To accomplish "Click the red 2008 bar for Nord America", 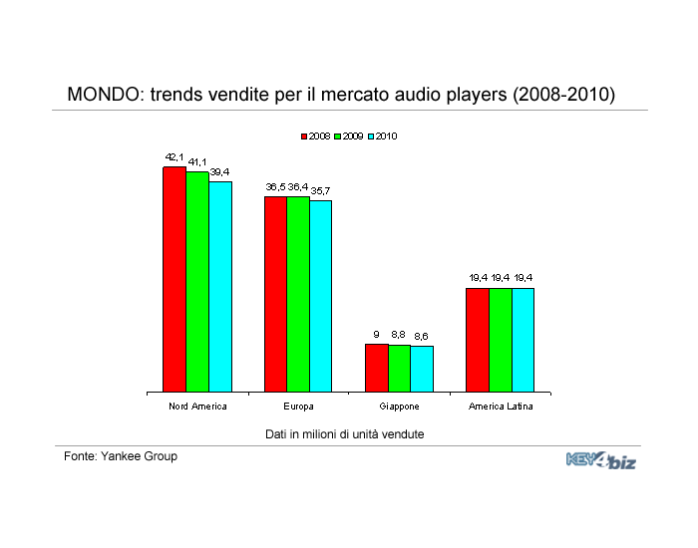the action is (x=174, y=279).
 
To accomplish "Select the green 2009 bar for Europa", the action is (x=298, y=294).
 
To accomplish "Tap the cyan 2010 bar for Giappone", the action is (x=422, y=369).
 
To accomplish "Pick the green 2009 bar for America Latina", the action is (x=501, y=340).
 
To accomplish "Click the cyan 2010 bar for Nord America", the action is (x=220, y=287).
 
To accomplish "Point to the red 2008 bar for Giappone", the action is (x=377, y=368).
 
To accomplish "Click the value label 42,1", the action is (x=174, y=157).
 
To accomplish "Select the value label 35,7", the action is (x=320, y=191).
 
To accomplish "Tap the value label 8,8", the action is (x=398, y=334).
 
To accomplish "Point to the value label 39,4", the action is (x=219, y=172).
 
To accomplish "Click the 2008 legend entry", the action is (x=316, y=137).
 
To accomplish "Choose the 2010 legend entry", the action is (x=383, y=137).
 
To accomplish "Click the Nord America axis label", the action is (x=197, y=407).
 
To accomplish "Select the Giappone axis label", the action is (x=399, y=407).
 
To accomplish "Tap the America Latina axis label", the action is (x=501, y=407).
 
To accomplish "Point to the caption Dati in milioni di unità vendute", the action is (x=345, y=434).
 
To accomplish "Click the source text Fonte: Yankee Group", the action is (x=121, y=456).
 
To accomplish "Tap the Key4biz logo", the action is (x=601, y=460).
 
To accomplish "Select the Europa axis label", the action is (x=298, y=407).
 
